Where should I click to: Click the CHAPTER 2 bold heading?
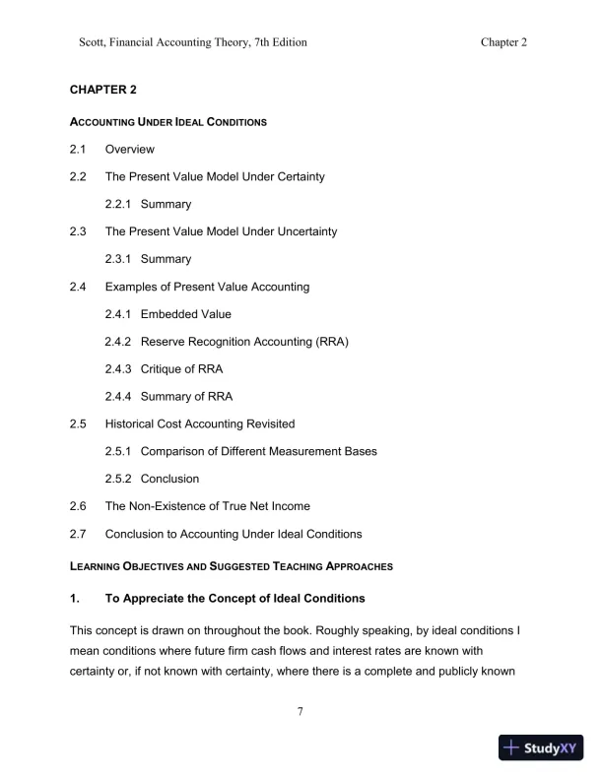(x=102, y=90)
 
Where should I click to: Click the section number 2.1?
(x=78, y=150)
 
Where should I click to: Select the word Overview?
(x=130, y=150)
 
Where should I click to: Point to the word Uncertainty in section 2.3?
(x=302, y=231)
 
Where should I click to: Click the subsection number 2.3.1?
(x=119, y=259)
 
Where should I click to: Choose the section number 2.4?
(x=78, y=287)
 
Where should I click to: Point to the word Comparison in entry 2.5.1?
(x=177, y=451)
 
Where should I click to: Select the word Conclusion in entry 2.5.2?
(x=169, y=479)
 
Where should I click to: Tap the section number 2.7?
(x=78, y=534)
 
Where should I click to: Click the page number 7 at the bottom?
(x=301, y=714)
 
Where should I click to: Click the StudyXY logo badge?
(x=542, y=747)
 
